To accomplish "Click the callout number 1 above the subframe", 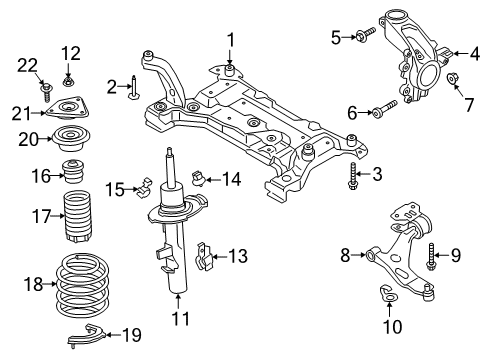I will [x=229, y=39].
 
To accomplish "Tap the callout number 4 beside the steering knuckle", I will [x=461, y=53].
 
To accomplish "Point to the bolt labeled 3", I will [x=353, y=183].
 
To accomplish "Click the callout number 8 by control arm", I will [x=347, y=256].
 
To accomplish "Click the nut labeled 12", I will [x=69, y=78].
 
